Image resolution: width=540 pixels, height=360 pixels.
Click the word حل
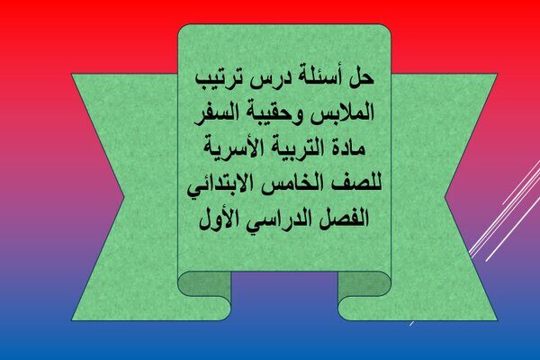[362, 77]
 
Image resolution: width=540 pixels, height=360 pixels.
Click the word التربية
[293, 148]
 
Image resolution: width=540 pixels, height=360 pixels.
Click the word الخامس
[292, 183]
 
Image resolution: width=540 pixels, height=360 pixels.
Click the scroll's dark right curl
[364, 283]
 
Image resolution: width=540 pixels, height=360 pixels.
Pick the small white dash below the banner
[411, 323]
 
